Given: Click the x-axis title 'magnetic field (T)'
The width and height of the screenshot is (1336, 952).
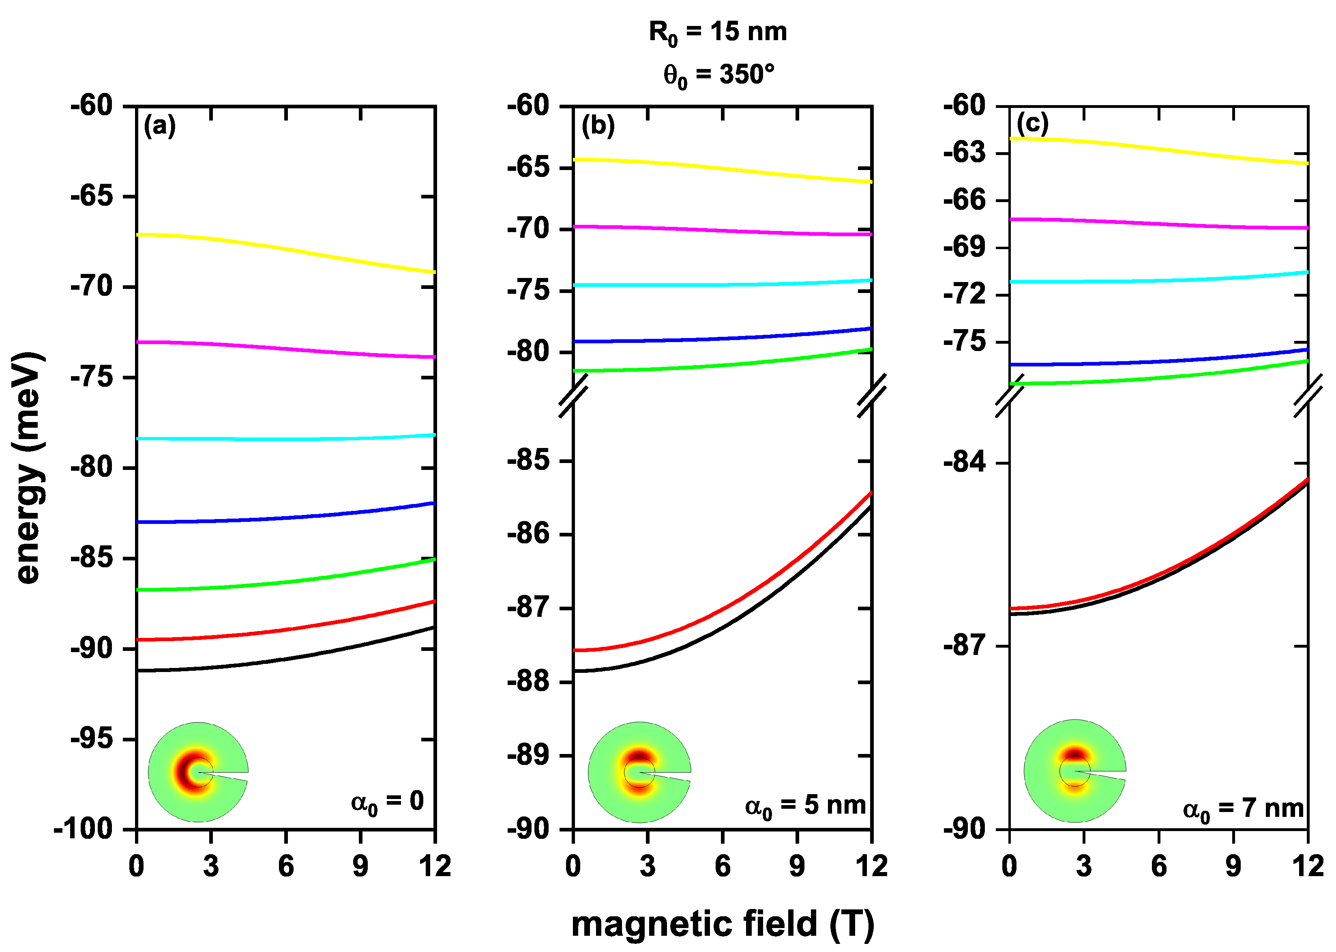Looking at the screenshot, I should point(722,924).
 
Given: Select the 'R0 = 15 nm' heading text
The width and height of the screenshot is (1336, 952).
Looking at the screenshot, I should point(718,32).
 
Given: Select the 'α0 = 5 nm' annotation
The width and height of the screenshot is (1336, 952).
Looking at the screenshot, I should point(805,806).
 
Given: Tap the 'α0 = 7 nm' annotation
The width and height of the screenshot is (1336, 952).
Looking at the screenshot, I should point(1243,809).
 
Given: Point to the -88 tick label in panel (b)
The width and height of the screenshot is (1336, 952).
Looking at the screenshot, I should point(529,682).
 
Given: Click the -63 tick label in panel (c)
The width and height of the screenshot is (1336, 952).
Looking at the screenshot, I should point(964,153).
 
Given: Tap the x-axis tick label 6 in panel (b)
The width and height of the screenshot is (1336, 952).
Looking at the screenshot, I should point(722,866).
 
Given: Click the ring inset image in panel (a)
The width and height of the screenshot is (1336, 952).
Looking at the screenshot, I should point(198,772).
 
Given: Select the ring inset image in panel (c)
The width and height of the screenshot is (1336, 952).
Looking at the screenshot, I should point(1074,771).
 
